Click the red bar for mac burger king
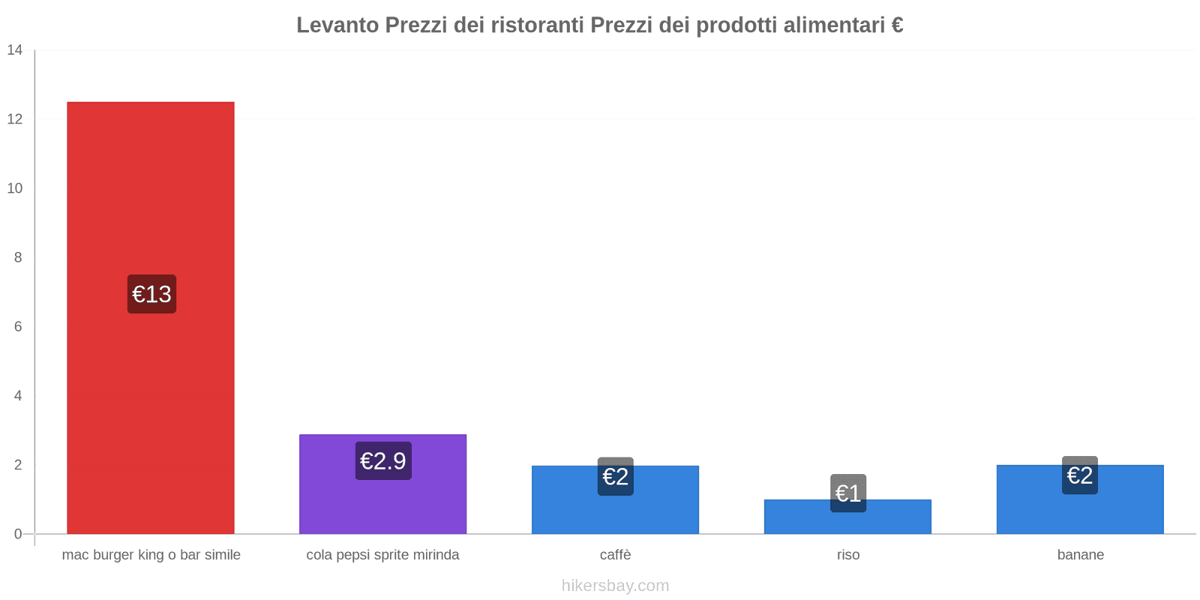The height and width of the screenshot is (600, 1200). coord(150,187)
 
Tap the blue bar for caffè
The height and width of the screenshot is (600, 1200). coord(615,510)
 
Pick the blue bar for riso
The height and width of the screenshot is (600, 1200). coord(847,522)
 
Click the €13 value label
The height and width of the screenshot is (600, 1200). coord(151,294)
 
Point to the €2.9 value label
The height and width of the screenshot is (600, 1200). coord(383,460)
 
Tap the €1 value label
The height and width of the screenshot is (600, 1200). coord(848,493)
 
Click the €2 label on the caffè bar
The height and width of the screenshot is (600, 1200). coord(615,476)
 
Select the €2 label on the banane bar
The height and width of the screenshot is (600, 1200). coord(1080,475)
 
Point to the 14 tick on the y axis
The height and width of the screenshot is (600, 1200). coord(15,50)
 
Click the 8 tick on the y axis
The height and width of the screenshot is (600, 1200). coord(18,257)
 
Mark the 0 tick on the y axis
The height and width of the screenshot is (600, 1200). coord(18,534)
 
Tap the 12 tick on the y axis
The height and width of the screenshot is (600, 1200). coord(15,119)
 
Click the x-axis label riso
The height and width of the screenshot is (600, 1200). coord(848,555)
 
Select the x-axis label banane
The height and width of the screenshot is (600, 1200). coord(1080,555)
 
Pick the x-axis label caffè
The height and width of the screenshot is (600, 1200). coord(615,555)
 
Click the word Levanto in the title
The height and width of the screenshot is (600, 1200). coord(337,25)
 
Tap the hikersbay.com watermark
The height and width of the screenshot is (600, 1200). coord(615,586)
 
